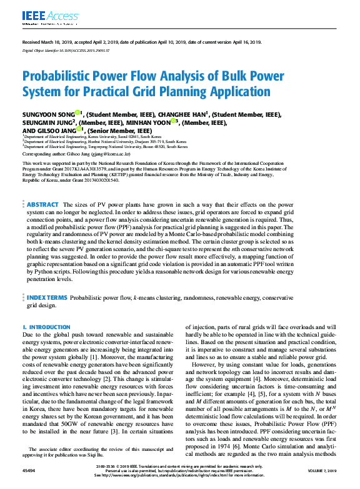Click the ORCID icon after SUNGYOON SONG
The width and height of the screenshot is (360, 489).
coord(77,113)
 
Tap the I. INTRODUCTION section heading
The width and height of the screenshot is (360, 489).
coord(47,327)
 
